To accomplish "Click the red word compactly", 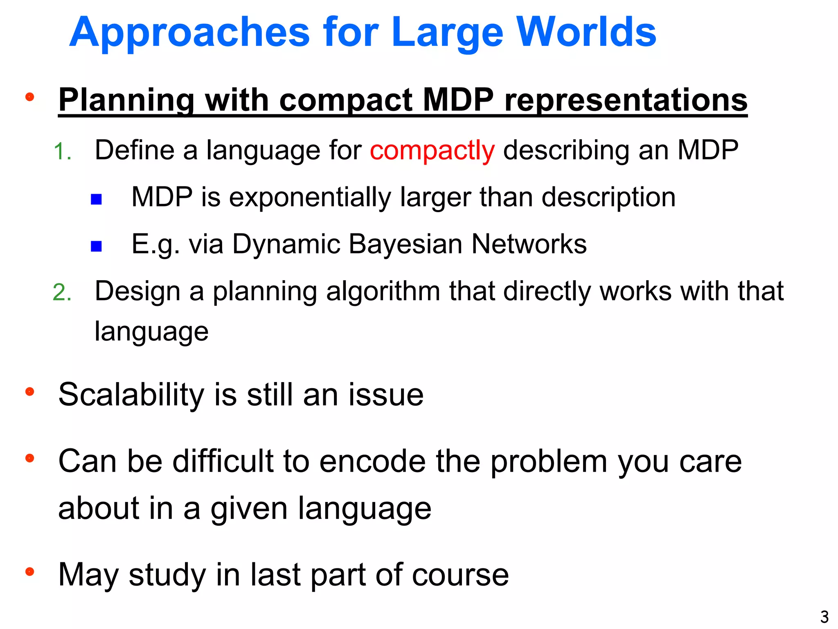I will [432, 150].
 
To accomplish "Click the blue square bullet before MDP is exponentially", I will [96, 199].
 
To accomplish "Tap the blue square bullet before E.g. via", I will [96, 246].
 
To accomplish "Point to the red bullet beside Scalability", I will [29, 391].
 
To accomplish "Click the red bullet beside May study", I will [29, 571].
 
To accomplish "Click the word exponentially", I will [310, 197].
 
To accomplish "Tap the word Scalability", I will [131, 395].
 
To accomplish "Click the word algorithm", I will [383, 292].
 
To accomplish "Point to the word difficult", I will [223, 461].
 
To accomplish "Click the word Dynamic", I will [286, 244].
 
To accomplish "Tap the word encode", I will [372, 461].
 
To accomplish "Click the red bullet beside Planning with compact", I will [29, 97].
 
